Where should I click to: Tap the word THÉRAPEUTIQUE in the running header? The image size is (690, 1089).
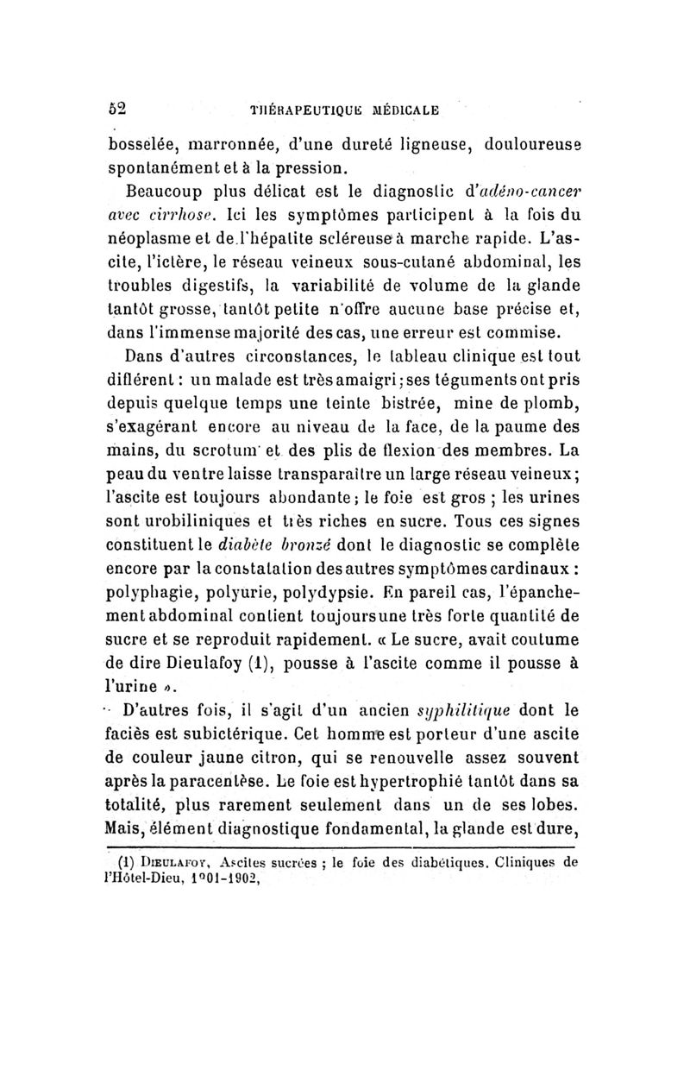pos(290,110)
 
